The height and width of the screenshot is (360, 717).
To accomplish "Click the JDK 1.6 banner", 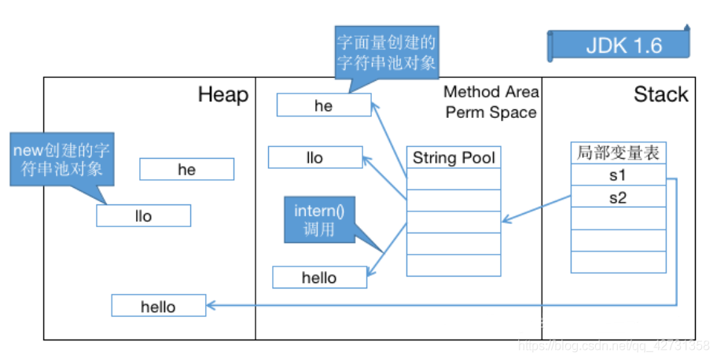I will pos(623,46).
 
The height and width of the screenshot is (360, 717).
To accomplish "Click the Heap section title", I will pos(222,95).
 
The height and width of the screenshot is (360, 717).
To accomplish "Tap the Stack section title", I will pos(660,95).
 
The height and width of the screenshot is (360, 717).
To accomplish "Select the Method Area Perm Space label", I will pos(491,102).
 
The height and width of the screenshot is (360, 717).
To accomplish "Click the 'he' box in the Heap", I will pos(186,170).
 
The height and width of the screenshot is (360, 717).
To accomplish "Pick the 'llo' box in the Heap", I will pos(143,215).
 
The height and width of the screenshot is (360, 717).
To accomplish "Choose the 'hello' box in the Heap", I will pos(158,306).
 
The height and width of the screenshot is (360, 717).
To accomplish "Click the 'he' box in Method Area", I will pos(323,105).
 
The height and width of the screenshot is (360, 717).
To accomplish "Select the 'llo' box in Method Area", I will pos(314,157).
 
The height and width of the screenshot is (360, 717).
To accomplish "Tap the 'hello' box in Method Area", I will pos(319,277).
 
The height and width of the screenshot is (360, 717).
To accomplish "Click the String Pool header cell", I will pos(454,157).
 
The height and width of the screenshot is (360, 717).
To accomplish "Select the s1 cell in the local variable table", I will pos(618,175).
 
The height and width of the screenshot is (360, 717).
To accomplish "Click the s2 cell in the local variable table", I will pos(618,197).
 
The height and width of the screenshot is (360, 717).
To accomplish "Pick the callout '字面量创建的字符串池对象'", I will pos(386,52).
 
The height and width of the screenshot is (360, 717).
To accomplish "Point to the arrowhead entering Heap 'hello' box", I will pos(211,305).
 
